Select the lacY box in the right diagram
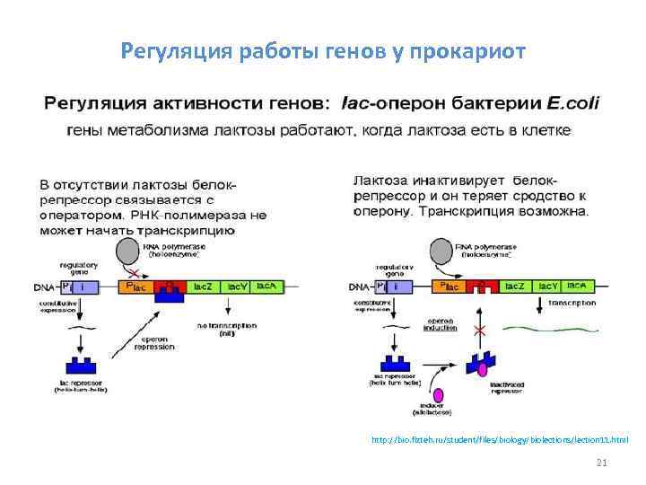546,286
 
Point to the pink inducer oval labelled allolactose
438,396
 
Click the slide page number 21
602,463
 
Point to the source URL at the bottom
500,440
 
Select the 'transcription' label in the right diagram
572,304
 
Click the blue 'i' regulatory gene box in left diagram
83,287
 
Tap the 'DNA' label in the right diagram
358,287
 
